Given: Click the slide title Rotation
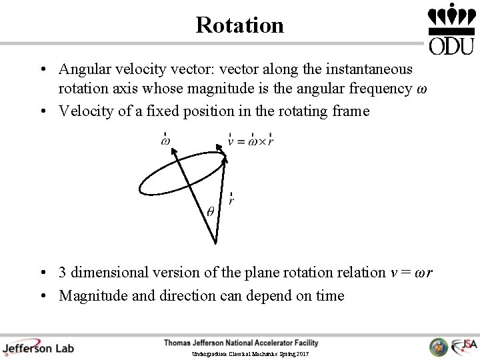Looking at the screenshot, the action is (x=240, y=25).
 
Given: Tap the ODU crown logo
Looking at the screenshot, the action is (x=451, y=29).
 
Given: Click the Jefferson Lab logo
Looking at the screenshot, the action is (x=38, y=347).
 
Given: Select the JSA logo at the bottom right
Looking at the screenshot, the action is (x=464, y=346).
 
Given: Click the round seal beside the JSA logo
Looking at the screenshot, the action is (x=439, y=347).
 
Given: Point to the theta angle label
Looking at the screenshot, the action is (x=210, y=212).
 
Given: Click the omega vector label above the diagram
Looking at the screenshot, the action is (x=165, y=140).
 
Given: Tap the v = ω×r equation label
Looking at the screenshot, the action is (x=251, y=140).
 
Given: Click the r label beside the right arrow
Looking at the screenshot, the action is (x=231, y=200).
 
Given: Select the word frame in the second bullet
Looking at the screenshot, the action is (x=351, y=111).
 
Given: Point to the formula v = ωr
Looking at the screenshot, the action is (x=411, y=273).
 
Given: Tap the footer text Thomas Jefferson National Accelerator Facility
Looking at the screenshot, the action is (x=241, y=343).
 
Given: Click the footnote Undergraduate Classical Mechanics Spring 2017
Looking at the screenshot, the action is (x=250, y=353).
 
